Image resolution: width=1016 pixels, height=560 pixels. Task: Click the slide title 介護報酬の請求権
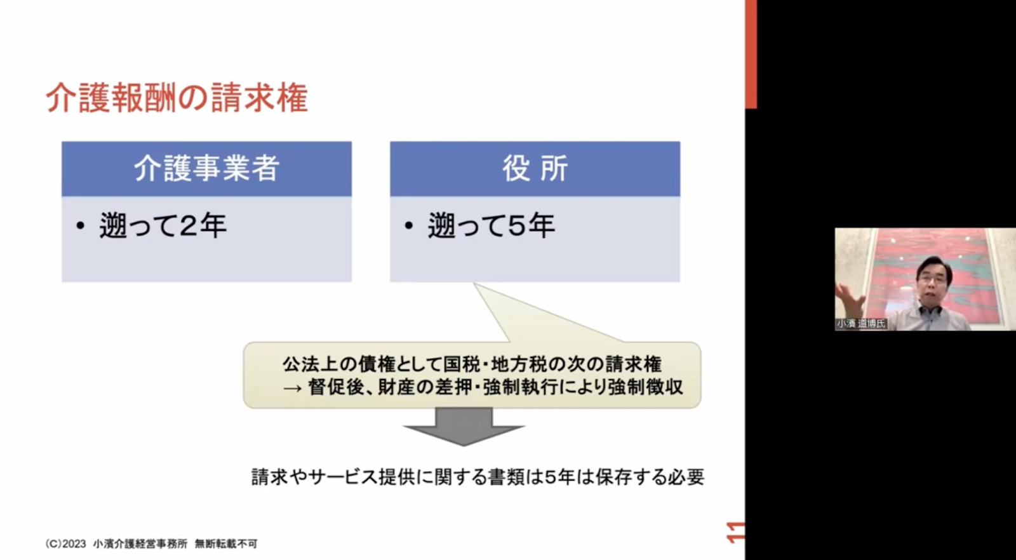click(x=177, y=97)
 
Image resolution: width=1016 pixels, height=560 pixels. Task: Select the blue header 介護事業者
click(x=206, y=169)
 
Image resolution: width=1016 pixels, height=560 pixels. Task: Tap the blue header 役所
click(x=535, y=169)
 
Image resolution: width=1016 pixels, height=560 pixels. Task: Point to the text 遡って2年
click(x=163, y=225)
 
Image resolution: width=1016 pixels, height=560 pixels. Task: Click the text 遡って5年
click(x=491, y=225)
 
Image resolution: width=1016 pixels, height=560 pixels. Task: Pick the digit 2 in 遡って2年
click(x=190, y=226)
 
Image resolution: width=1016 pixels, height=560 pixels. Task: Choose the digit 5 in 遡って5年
click(x=518, y=226)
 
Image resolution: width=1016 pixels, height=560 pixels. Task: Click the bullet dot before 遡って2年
click(x=80, y=225)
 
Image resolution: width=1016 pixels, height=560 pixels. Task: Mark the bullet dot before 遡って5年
click(x=409, y=225)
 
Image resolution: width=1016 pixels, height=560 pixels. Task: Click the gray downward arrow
click(x=464, y=426)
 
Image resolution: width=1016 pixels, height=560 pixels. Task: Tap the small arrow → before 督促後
click(x=292, y=388)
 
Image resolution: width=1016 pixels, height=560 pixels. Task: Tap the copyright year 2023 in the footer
click(x=74, y=543)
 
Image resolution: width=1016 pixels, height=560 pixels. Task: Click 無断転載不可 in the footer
click(x=226, y=543)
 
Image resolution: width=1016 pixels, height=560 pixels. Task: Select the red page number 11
click(x=735, y=533)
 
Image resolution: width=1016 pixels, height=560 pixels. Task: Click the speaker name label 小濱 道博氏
click(x=861, y=324)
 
